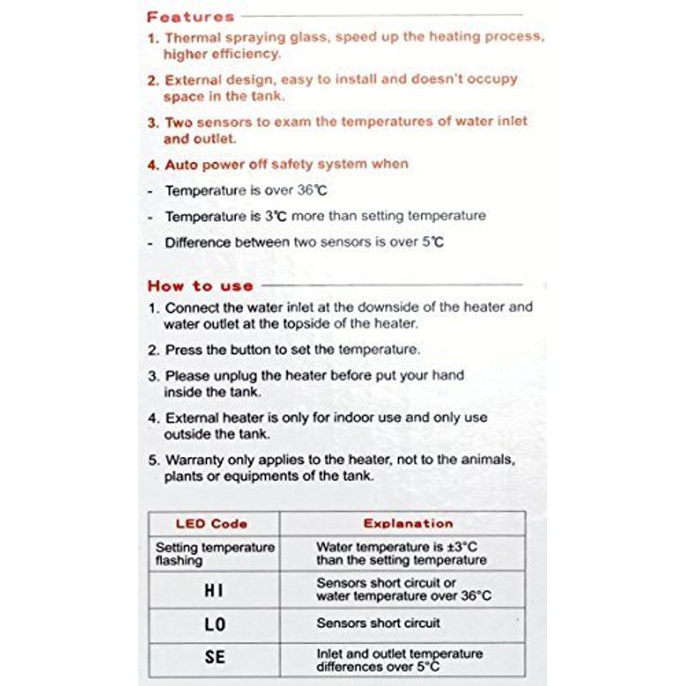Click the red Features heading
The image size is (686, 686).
coord(190,16)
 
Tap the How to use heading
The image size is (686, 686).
coord(201,286)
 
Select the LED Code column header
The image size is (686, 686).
coord(212,523)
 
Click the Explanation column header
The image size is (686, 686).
coord(408,523)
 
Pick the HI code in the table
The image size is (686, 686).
coord(214,590)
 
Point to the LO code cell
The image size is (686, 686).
coord(215,625)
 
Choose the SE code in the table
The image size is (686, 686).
coord(215,659)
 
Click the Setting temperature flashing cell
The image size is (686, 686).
coord(214,553)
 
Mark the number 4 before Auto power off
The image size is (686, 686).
coord(151,165)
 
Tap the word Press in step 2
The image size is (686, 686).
coord(183,350)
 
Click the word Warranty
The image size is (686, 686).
coord(198,460)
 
